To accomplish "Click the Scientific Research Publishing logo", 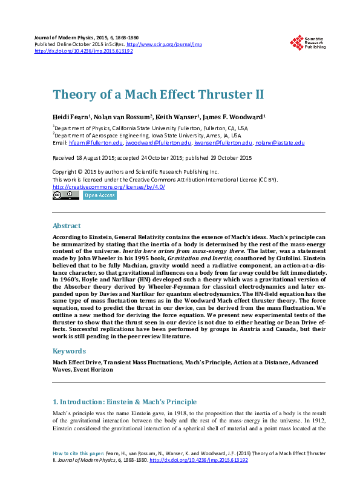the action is click(x=307, y=42).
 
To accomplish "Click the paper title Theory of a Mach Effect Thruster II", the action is click(x=158, y=95).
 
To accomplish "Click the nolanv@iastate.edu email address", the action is click(x=280, y=143).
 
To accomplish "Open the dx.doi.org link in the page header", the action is click(x=83, y=51).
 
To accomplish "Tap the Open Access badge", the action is click(x=99, y=195).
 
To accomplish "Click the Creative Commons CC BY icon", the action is click(x=65, y=195).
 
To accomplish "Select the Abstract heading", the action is click(x=67, y=226).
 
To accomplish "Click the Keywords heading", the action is click(x=69, y=351).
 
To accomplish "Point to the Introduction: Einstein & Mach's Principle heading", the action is click(x=125, y=402).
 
